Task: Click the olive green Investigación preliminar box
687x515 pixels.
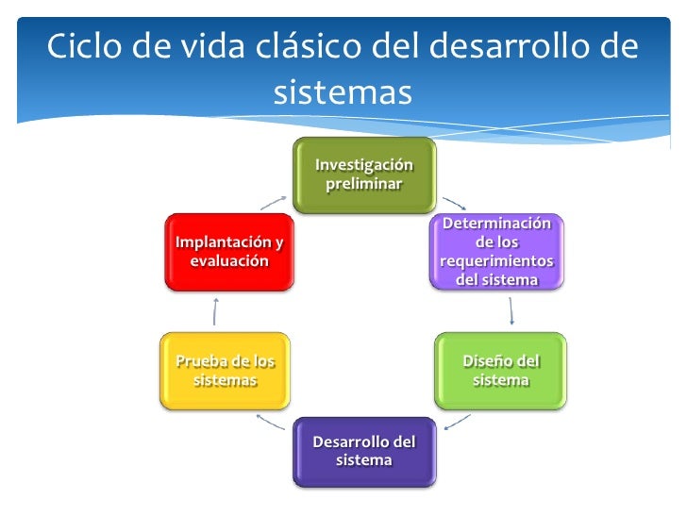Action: [363, 174]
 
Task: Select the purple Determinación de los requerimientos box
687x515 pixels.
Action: [496, 252]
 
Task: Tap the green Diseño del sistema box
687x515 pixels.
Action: [500, 371]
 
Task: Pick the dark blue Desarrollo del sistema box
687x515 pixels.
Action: [363, 451]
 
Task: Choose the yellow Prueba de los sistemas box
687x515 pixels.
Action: [225, 371]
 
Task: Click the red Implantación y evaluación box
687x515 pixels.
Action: [228, 252]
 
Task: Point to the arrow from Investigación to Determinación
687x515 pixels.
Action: [454, 203]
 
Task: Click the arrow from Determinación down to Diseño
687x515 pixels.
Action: [511, 311]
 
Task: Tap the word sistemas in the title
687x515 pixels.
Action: [343, 92]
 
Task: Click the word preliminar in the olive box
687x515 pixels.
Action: [363, 183]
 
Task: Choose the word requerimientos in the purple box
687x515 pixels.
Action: [496, 260]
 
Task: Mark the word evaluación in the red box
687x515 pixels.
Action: [228, 261]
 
